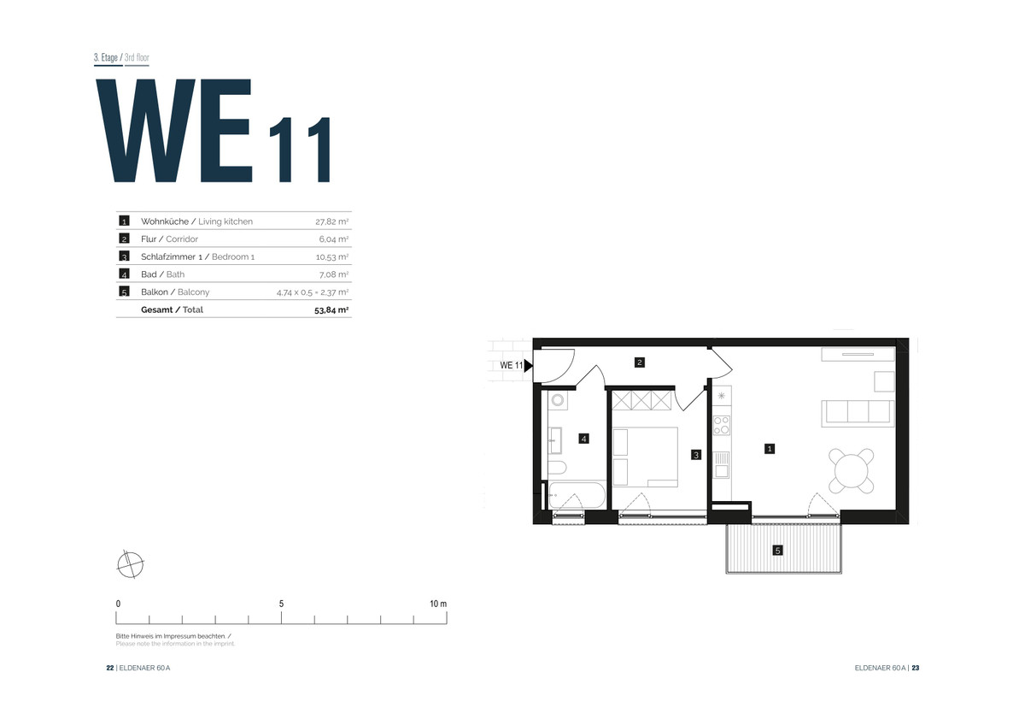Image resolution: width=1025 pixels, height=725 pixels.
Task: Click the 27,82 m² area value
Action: click(x=331, y=221)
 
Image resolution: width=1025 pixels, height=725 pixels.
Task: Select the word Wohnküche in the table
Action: click(x=165, y=221)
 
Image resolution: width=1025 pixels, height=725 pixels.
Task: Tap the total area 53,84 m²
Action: click(x=331, y=310)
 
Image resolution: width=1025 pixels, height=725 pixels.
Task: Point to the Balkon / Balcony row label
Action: click(x=175, y=292)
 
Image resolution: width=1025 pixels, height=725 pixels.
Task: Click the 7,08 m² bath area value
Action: click(x=334, y=274)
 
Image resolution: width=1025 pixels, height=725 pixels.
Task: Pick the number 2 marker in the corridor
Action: click(x=640, y=362)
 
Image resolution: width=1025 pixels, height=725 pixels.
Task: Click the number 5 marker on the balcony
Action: click(x=777, y=551)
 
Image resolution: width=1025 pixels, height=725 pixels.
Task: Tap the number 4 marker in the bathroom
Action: click(x=583, y=439)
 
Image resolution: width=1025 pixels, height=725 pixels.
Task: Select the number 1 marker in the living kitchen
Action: click(x=770, y=449)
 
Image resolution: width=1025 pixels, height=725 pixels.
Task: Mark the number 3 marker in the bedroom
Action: click(x=696, y=455)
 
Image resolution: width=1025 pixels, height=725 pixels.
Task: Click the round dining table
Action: click(x=851, y=471)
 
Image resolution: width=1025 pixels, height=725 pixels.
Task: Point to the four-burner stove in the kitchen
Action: click(x=722, y=425)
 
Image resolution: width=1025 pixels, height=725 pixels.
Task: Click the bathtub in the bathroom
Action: click(x=577, y=495)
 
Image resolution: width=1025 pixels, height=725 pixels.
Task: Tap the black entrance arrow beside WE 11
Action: click(x=528, y=365)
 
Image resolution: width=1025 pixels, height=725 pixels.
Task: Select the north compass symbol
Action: click(x=131, y=564)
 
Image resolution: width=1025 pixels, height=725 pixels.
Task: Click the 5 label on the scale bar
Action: click(x=281, y=604)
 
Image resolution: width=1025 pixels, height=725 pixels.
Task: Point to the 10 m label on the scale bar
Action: click(x=438, y=604)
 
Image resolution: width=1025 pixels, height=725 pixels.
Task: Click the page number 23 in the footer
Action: click(x=915, y=668)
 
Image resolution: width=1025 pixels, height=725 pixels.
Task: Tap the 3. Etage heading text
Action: click(x=106, y=57)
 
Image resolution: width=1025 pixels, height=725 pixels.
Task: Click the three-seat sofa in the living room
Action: click(x=858, y=414)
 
